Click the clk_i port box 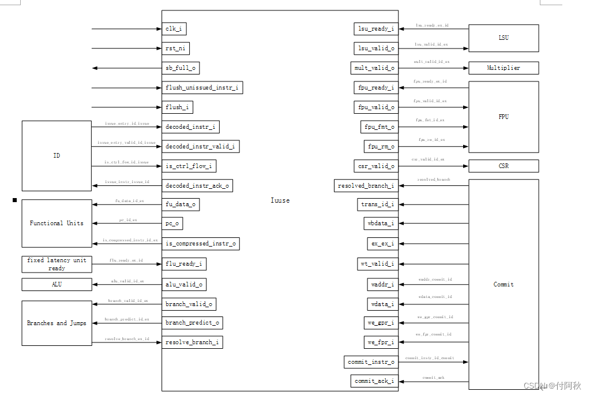174,29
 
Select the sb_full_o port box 181,68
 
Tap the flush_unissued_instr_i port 202,88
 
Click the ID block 57,156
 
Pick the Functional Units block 57,223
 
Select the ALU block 57,284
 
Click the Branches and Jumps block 57,323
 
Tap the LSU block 503,38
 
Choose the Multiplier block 503,68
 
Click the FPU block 503,117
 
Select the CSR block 503,166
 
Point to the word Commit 503,284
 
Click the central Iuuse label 280,200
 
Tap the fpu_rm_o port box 381,147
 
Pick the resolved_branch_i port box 366,186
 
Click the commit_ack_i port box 374,381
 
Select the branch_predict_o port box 192,323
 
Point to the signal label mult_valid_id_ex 431,62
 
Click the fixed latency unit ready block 57,264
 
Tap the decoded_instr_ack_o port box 197,186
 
